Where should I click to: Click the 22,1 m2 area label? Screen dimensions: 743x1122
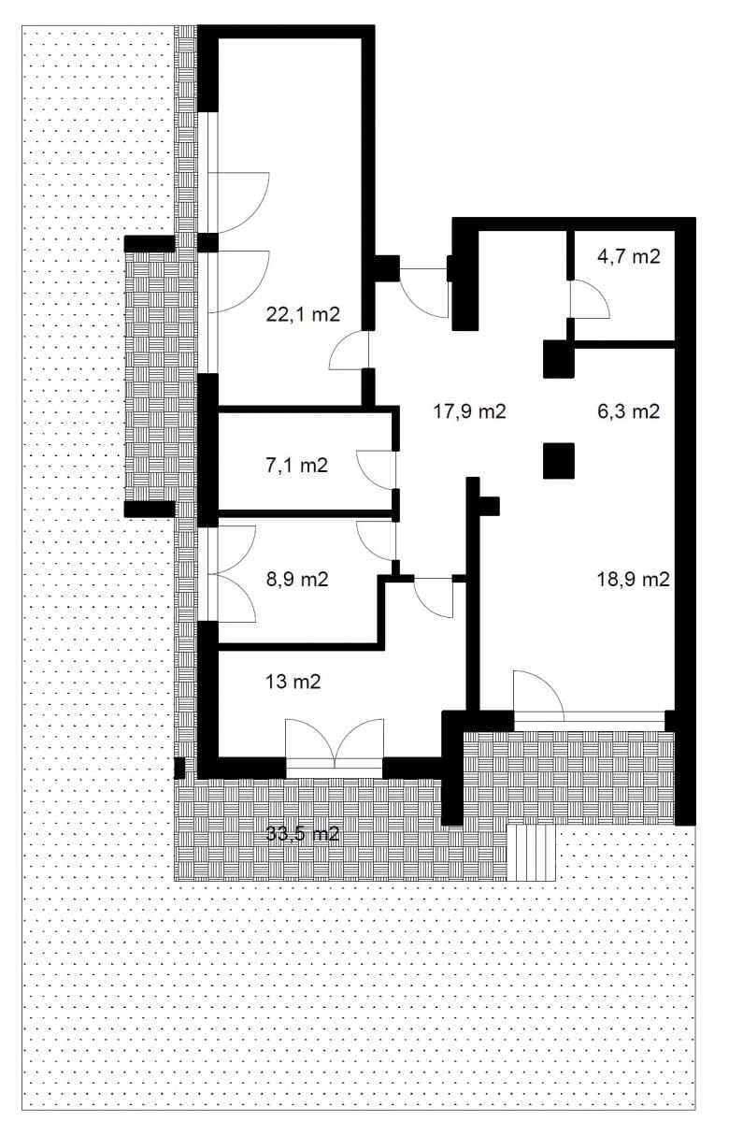coord(303,314)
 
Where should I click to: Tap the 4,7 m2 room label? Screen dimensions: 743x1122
coord(629,256)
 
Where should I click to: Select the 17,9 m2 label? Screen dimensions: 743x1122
coord(469,411)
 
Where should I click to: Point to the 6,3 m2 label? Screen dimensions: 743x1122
coord(629,411)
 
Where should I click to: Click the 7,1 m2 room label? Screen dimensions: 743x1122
coord(297,466)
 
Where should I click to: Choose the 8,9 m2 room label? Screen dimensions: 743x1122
coord(297,580)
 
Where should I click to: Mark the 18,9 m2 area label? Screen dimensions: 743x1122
coord(634,580)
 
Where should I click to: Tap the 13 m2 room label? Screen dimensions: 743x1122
coord(293,682)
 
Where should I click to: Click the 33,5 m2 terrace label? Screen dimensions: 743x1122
coord(303,834)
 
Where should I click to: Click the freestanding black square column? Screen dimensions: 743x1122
coord(559,461)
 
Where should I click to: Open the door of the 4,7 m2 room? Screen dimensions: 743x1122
coord(590,299)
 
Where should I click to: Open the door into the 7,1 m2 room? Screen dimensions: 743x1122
coord(377,469)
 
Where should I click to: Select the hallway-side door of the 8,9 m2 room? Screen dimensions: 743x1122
coord(377,541)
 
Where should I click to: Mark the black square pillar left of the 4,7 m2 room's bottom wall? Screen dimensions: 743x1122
coord(559,359)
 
